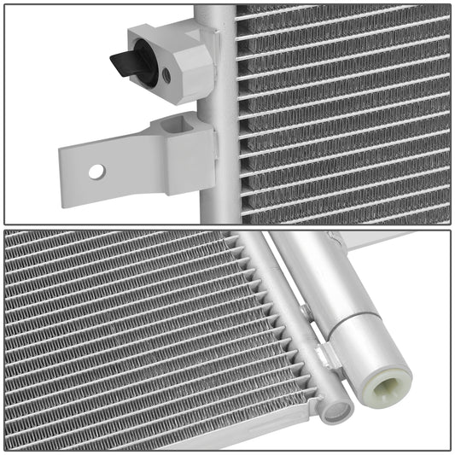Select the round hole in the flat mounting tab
pyautogui.click(x=96, y=171)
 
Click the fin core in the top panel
pyautogui.click(x=341, y=111)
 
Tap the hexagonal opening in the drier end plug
pyautogui.click(x=391, y=376)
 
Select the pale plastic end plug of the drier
pyautogui.click(x=384, y=371)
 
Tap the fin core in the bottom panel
pyautogui.click(x=128, y=333)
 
